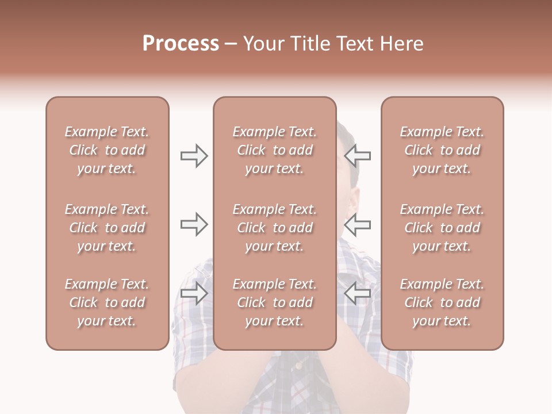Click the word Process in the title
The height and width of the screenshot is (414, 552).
pyautogui.click(x=181, y=44)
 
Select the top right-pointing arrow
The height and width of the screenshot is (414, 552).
pyautogui.click(x=194, y=156)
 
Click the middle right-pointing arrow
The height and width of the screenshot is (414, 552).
pyautogui.click(x=194, y=224)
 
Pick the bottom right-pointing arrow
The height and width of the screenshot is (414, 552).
pyautogui.click(x=194, y=293)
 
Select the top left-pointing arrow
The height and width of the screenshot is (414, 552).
pyautogui.click(x=358, y=156)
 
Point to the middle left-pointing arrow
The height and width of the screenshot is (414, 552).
pyautogui.click(x=358, y=224)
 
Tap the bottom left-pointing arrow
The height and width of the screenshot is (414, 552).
pyautogui.click(x=358, y=293)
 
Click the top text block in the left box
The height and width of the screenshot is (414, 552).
pyautogui.click(x=107, y=150)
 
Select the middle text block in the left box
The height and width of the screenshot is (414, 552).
pyautogui.click(x=107, y=228)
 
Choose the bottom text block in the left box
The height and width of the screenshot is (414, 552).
pyautogui.click(x=107, y=302)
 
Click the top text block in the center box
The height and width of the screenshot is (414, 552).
pyautogui.click(x=275, y=150)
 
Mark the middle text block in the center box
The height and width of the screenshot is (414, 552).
pyautogui.click(x=275, y=228)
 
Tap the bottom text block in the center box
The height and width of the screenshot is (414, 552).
pyautogui.click(x=275, y=302)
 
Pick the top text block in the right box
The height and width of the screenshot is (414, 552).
pyautogui.click(x=442, y=150)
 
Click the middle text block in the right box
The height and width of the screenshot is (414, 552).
pyautogui.click(x=442, y=228)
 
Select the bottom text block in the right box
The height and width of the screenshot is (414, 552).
pyautogui.click(x=442, y=302)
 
